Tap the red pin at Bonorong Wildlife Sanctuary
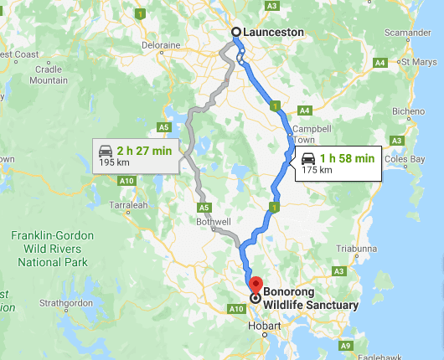pyautogui.click(x=256, y=284)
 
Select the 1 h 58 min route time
pyautogui.click(x=351, y=157)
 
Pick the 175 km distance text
pyautogui.click(x=316, y=170)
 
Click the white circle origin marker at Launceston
pyautogui.click(x=236, y=33)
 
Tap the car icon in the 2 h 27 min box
pyautogui.click(x=106, y=151)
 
